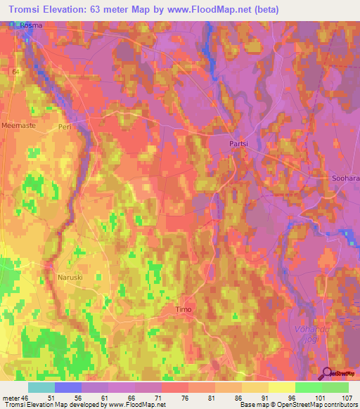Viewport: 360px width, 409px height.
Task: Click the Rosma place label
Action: click(31, 25)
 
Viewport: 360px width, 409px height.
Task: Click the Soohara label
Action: click(345, 178)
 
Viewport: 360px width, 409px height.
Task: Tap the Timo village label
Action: click(183, 309)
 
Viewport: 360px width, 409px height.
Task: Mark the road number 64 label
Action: click(15, 72)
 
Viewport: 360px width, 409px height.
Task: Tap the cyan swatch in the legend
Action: click(41, 387)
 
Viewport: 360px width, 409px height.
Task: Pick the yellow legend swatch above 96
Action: click(281, 387)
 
